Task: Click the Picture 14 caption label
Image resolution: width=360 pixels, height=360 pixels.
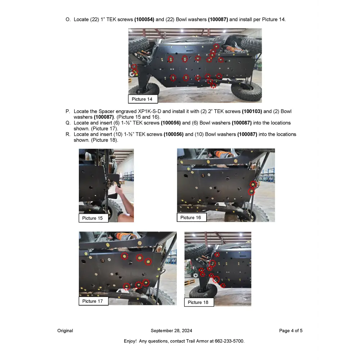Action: (143, 99)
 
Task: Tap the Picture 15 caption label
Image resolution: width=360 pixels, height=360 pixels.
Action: (93, 218)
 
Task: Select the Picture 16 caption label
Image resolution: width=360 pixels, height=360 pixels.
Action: (191, 217)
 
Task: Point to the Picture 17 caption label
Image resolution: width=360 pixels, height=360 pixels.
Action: (93, 301)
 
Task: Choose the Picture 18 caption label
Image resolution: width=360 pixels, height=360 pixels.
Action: (198, 302)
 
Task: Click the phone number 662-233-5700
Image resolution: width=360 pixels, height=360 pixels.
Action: (229, 341)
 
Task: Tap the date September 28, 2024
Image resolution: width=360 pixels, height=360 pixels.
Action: (171, 330)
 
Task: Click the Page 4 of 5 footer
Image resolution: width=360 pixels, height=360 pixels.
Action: (291, 330)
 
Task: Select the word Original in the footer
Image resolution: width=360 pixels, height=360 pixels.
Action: (65, 330)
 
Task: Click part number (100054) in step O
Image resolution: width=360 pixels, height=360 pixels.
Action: (144, 19)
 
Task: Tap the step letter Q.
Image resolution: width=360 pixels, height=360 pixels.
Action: (68, 123)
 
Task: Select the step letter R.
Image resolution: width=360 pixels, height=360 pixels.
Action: (68, 134)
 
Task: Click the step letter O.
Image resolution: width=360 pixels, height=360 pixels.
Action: (68, 19)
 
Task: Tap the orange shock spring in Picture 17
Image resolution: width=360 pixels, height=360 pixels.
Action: (125, 237)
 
